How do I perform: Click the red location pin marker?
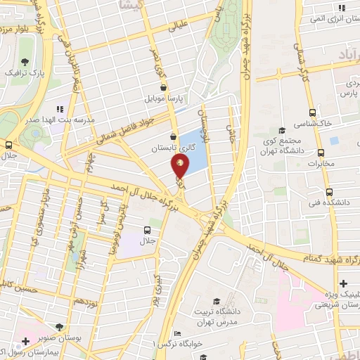(181, 167)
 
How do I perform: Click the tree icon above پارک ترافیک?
(25, 61)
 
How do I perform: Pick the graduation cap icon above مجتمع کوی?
(282, 130)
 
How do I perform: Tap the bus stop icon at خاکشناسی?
(313, 112)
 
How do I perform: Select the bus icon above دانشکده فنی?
(328, 191)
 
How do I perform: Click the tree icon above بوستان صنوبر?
(60, 327)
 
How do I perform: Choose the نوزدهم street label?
(85, 300)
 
